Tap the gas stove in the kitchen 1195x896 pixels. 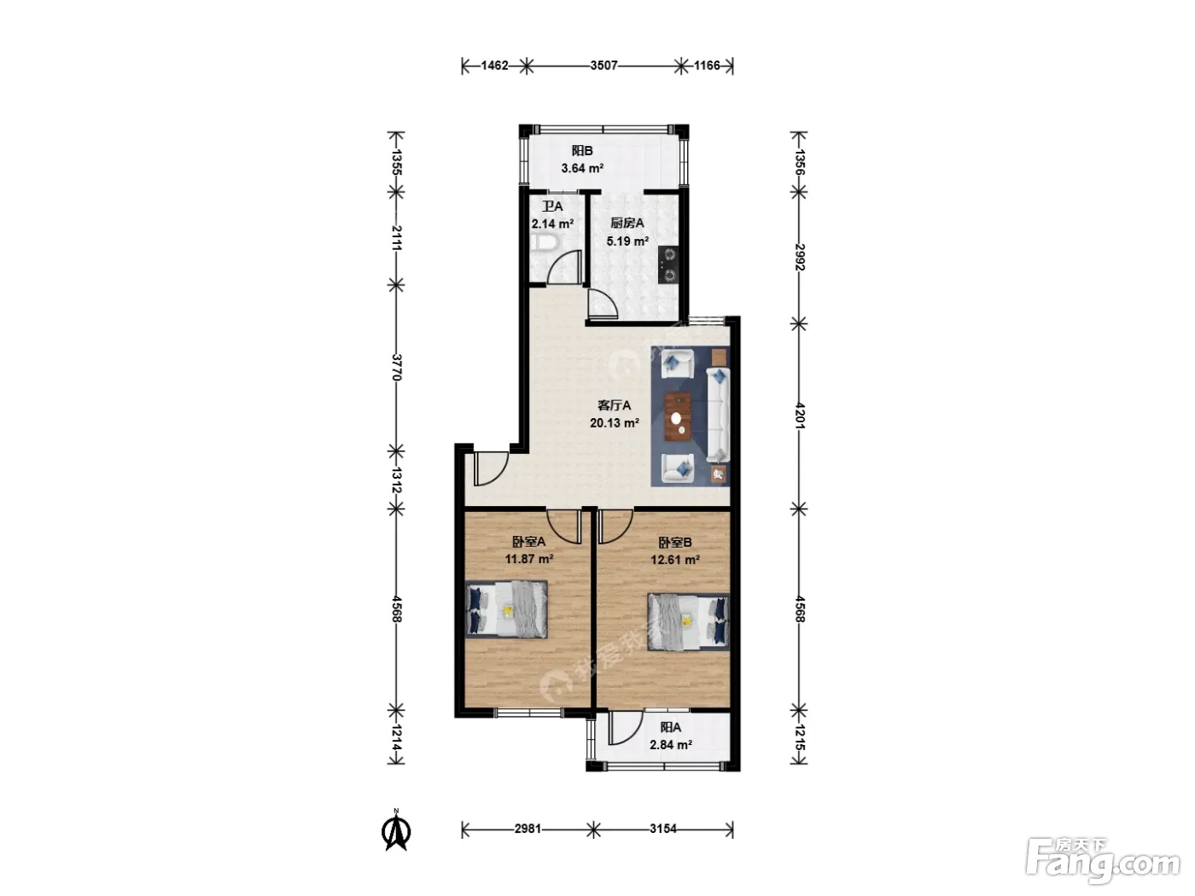pos(669,265)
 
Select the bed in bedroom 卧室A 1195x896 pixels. pos(507,608)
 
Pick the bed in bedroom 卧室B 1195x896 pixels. pos(688,622)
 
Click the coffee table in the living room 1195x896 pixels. pos(678,416)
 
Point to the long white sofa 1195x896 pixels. pos(718,415)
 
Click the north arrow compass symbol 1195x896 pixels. pos(396,829)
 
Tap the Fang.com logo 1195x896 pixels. pos(1105,860)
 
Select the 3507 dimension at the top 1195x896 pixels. pos(603,66)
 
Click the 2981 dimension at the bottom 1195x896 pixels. pos(528,829)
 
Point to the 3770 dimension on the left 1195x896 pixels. pos(397,367)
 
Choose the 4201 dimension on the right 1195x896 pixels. pos(799,416)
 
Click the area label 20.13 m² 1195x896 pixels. pos(614,422)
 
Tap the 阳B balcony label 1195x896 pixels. pos(582,151)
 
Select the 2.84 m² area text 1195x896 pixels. pos(671,745)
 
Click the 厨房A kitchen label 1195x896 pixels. pos(627,223)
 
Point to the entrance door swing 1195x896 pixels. pos(491,468)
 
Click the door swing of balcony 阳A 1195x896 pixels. pos(626,728)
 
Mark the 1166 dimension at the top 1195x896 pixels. pos(707,66)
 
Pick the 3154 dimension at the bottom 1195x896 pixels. pos(663,829)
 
